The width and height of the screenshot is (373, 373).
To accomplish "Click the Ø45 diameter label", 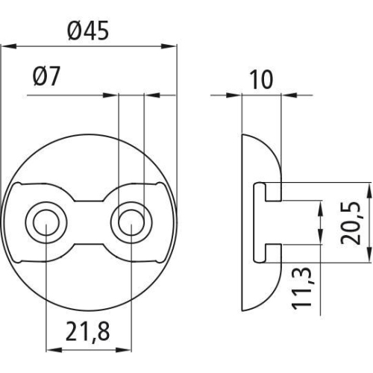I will (88, 31).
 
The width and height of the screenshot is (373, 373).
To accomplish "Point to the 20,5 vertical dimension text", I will (354, 222).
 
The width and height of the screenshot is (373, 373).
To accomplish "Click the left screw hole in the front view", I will (45, 222).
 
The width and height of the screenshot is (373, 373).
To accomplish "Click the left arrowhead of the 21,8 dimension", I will (50, 347).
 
